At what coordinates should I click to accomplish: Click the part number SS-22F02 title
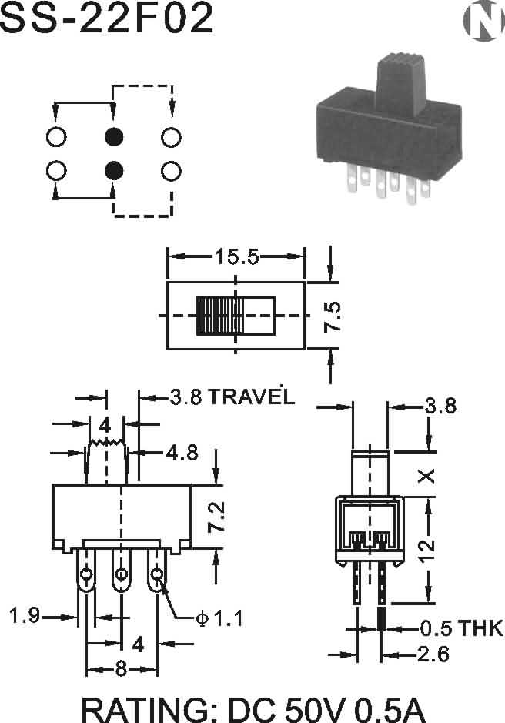click(x=107, y=18)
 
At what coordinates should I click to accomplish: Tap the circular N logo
click(x=483, y=20)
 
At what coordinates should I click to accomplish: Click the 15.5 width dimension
click(x=237, y=256)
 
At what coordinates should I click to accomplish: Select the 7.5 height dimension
click(x=332, y=316)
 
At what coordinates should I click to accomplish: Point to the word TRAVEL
click(x=252, y=397)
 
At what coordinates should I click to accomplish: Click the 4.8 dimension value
click(x=182, y=453)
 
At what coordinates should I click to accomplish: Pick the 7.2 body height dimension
click(x=216, y=517)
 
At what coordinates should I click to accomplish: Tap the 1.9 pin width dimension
click(x=25, y=615)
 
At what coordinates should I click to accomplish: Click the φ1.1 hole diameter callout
click(x=219, y=618)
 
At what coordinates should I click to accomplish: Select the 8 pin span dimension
click(x=122, y=669)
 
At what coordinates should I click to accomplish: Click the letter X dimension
click(x=426, y=476)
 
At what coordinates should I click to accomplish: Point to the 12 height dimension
click(x=427, y=550)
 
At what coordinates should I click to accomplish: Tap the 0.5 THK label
click(x=461, y=628)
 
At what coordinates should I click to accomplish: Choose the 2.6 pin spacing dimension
click(x=433, y=654)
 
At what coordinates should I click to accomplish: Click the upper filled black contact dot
click(x=114, y=136)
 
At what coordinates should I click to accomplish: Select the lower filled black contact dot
click(x=114, y=171)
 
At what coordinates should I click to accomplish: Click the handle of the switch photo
click(x=400, y=85)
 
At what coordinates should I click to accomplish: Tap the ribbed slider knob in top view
click(x=220, y=316)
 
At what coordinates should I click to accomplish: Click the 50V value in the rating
click(x=315, y=710)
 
